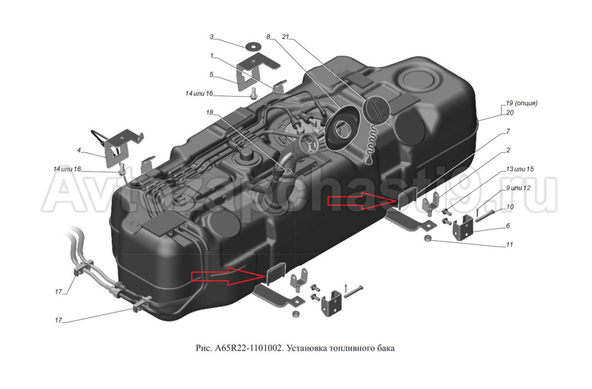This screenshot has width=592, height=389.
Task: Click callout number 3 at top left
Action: click(x=211, y=37)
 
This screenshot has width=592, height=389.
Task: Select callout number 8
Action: click(x=268, y=37)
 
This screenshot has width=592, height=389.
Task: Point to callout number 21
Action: click(x=286, y=37)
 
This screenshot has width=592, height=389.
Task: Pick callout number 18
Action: click(x=210, y=112)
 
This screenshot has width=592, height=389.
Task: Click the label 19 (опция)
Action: click(x=522, y=102)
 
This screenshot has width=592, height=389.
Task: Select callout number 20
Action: click(x=510, y=112)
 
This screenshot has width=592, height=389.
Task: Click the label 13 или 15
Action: click(x=519, y=169)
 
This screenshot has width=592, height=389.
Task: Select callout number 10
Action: click(x=510, y=207)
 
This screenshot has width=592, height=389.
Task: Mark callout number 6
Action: click(x=507, y=226)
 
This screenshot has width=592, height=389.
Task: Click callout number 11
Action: click(x=509, y=244)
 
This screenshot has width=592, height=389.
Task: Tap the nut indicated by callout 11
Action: click(x=427, y=239)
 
